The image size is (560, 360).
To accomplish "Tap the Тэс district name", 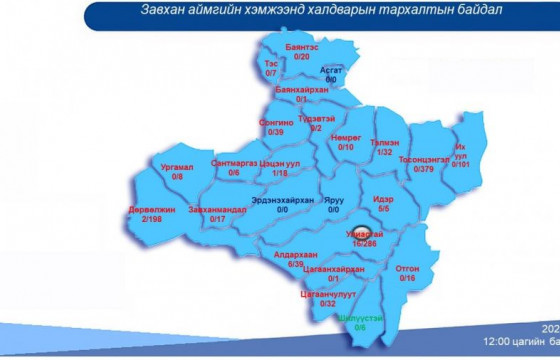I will pyautogui.click(x=271, y=62).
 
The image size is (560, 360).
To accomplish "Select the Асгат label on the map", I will pyautogui.click(x=331, y=70).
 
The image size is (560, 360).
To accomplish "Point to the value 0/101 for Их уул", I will pyautogui.click(x=460, y=162).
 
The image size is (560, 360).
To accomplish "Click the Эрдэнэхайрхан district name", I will pyautogui.click(x=283, y=199).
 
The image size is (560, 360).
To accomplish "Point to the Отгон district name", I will pyautogui.click(x=407, y=268).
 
